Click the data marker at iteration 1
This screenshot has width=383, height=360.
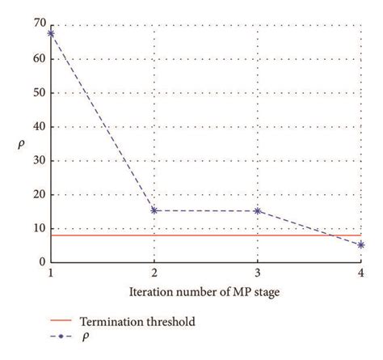click(52, 33)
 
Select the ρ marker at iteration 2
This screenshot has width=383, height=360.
click(154, 210)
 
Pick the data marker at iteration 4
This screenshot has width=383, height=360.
click(360, 244)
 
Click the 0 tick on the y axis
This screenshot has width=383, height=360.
click(41, 262)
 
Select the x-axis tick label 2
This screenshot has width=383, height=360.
click(154, 274)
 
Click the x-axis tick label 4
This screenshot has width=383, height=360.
click(360, 274)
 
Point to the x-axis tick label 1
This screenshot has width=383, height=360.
click(52, 274)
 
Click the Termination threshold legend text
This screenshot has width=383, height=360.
click(145, 321)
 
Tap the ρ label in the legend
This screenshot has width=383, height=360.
click(99, 335)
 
